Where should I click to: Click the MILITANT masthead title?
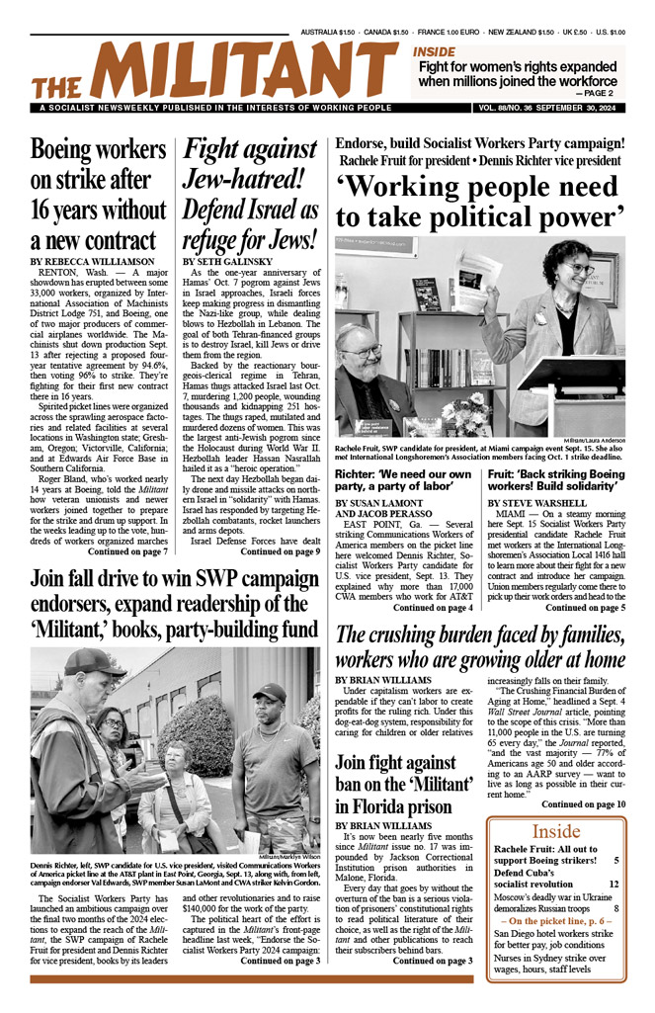[212, 69]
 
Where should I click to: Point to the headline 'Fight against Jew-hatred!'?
[251, 194]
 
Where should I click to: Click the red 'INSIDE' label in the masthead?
[434, 51]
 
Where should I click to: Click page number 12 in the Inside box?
[614, 885]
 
